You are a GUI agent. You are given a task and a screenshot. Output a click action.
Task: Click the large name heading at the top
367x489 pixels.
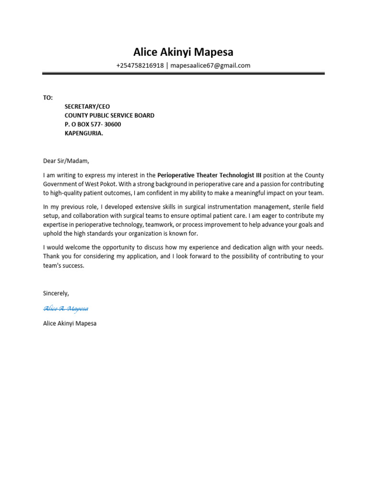pyautogui.click(x=183, y=52)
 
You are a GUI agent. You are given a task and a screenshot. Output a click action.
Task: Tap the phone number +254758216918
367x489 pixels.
pyautogui.click(x=140, y=66)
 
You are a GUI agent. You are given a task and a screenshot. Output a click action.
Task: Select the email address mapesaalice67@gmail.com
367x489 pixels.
pyautogui.click(x=210, y=66)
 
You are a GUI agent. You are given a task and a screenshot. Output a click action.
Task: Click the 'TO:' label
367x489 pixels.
pyautogui.click(x=48, y=97)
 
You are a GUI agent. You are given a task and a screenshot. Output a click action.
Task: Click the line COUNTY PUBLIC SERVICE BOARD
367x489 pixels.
pyautogui.click(x=109, y=116)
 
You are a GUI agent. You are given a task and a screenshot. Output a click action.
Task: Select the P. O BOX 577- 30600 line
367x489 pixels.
pyautogui.click(x=93, y=125)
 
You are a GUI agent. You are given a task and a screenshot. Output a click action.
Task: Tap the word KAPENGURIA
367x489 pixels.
pyautogui.click(x=84, y=134)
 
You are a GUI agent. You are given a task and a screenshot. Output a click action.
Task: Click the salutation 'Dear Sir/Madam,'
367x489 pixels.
pyautogui.click(x=66, y=161)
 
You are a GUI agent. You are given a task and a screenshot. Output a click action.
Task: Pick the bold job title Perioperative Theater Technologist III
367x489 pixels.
pyautogui.click(x=209, y=175)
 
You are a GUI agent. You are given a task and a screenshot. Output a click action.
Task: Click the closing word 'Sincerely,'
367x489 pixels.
pyautogui.click(x=56, y=293)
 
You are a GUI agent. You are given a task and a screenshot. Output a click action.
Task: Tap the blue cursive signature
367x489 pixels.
pyautogui.click(x=65, y=308)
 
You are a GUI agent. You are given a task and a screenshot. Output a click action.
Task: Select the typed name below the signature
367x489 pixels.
pyautogui.click(x=70, y=323)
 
